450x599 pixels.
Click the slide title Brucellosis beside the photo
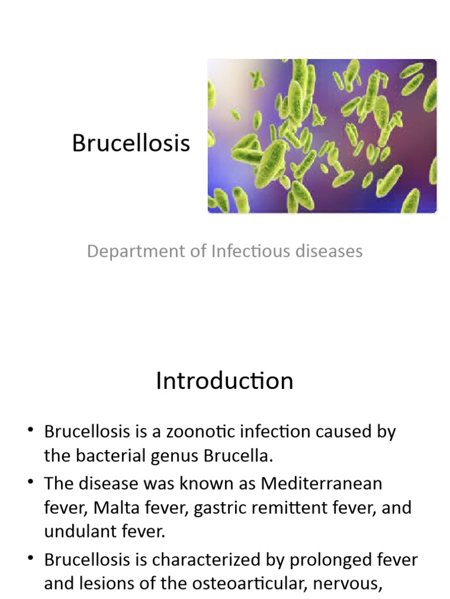coord(131,143)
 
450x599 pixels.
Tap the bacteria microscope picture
coord(322,136)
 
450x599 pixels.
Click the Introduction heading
coord(224,381)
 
